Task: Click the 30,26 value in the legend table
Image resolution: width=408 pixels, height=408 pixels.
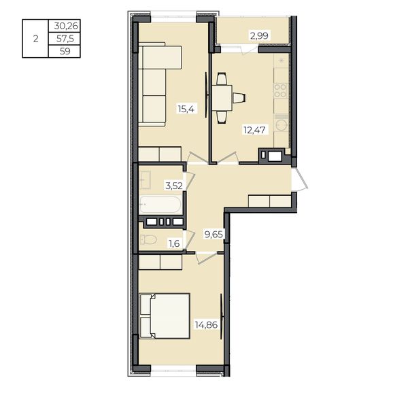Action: pyautogui.click(x=66, y=26)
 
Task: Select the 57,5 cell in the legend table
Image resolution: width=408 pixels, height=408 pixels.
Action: pyautogui.click(x=65, y=39)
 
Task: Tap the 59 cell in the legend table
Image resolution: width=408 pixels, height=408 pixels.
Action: pyautogui.click(x=65, y=51)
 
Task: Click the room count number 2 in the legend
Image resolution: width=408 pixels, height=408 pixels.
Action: pyautogui.click(x=35, y=39)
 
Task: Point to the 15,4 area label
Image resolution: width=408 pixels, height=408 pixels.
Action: pyautogui.click(x=186, y=109)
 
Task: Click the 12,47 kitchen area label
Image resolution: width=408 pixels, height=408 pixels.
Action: pyautogui.click(x=254, y=130)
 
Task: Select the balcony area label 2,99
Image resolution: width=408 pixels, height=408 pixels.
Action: pyautogui.click(x=259, y=35)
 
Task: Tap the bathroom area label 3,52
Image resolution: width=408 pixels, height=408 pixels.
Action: pyautogui.click(x=174, y=186)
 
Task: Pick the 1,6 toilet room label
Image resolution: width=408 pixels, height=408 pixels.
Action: pyautogui.click(x=174, y=244)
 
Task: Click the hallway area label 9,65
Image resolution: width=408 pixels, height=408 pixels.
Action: pyautogui.click(x=214, y=235)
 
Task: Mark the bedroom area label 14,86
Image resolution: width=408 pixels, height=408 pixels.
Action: pyautogui.click(x=206, y=325)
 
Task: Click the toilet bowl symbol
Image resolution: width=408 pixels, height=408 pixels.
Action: pyautogui.click(x=148, y=239)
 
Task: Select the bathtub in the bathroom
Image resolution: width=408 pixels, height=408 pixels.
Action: pyautogui.click(x=160, y=205)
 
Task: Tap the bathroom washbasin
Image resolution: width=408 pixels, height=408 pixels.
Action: pyautogui.click(x=146, y=180)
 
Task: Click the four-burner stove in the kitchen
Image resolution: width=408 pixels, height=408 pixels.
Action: pyautogui.click(x=280, y=90)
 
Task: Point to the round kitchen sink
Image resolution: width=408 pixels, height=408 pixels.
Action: pyautogui.click(x=282, y=125)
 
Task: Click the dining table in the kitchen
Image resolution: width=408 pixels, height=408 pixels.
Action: pyautogui.click(x=222, y=98)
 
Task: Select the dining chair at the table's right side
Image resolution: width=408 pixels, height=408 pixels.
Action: pyautogui.click(x=239, y=98)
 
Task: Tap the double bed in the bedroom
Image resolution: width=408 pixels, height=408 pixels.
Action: pyautogui.click(x=165, y=316)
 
